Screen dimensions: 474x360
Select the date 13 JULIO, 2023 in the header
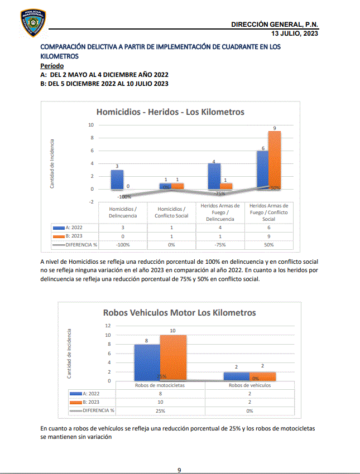[x=295, y=33]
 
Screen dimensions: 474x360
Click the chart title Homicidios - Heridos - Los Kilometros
[x=170, y=112]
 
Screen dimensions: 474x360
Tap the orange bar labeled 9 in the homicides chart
[x=274, y=160]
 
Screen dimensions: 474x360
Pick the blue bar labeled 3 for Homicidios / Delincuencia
[x=117, y=180]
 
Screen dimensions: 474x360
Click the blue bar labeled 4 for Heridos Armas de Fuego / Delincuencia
[x=214, y=176]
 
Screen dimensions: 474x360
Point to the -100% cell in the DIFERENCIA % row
[x=124, y=244]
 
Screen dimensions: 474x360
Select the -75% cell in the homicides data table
[x=220, y=244]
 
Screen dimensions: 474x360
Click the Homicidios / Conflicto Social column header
[x=172, y=212]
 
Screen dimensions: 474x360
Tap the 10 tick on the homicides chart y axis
[x=90, y=125]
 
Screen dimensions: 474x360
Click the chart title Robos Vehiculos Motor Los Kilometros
[x=179, y=313]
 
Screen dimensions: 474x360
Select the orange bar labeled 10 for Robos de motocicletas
[x=173, y=357]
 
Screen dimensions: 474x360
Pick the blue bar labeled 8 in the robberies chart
[x=147, y=362]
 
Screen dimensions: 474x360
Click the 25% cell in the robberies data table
[x=160, y=411]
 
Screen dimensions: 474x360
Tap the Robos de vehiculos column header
[x=249, y=385]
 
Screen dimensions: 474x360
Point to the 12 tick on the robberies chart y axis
[x=108, y=326]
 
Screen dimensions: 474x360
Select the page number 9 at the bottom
[x=179, y=470]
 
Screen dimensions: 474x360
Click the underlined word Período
[x=52, y=66]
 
